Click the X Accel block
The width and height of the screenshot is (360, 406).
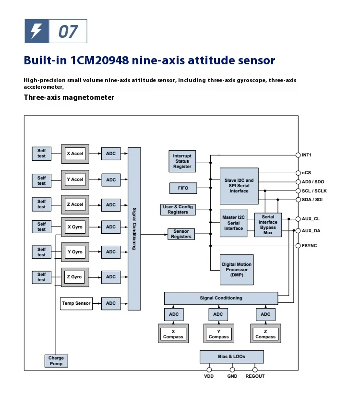pyautogui.click(x=75, y=154)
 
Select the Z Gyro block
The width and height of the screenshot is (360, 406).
pyautogui.click(x=75, y=277)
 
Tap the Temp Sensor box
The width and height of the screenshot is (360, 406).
pyautogui.click(x=76, y=303)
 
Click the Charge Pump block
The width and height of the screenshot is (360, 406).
pyautogui.click(x=56, y=361)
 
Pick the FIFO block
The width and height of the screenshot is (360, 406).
pyautogui.click(x=183, y=188)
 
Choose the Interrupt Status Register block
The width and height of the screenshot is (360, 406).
pyautogui.click(x=182, y=161)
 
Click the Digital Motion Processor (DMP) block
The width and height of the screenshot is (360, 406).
pyautogui.click(x=236, y=270)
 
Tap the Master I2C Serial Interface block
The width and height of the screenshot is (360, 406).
pyautogui.click(x=233, y=223)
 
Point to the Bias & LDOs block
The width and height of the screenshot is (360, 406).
pyautogui.click(x=232, y=357)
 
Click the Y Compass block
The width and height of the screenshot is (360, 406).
pyautogui.click(x=219, y=334)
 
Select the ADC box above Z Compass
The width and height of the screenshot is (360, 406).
pyautogui.click(x=265, y=314)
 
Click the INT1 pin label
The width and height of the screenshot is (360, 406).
pyautogui.click(x=307, y=155)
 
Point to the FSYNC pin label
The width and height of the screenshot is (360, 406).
pyautogui.click(x=309, y=245)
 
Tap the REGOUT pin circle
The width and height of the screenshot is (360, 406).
pyautogui.click(x=255, y=370)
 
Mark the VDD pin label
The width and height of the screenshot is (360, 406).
pyautogui.click(x=209, y=376)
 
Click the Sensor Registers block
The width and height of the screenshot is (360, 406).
pyautogui.click(x=181, y=234)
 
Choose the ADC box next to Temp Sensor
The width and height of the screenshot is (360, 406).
pyautogui.click(x=111, y=303)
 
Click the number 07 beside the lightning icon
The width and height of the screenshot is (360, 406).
pyautogui.click(x=68, y=32)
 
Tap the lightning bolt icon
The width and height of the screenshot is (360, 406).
pyautogui.click(x=36, y=32)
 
